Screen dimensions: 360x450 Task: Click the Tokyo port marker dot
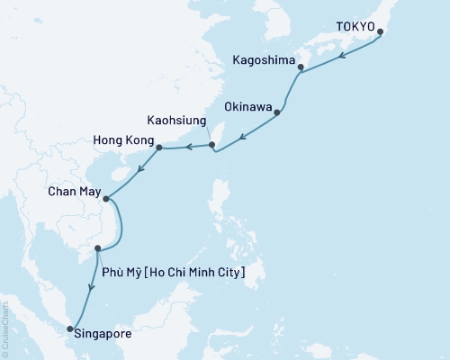coord(380,32)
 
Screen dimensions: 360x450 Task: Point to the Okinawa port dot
coord(277,112)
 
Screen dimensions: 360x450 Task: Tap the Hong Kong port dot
coord(159,147)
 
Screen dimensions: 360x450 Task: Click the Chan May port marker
coord(106,199)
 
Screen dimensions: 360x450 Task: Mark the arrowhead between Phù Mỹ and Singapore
coord(91,287)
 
